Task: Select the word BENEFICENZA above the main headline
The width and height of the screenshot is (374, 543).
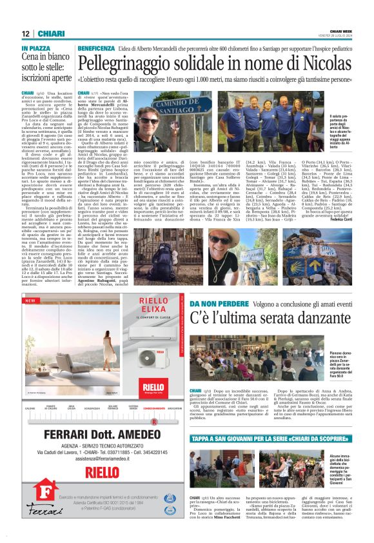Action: pyautogui.click(x=96, y=49)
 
